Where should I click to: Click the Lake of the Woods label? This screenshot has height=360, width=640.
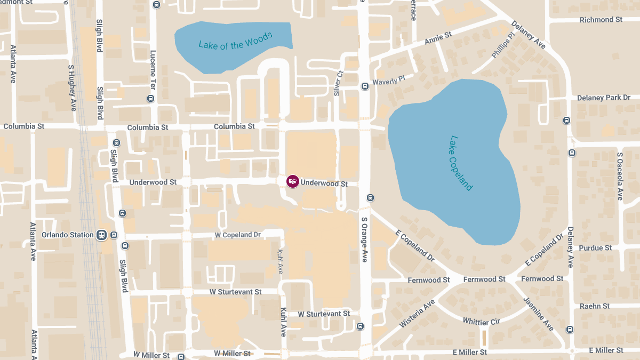[x=235, y=41]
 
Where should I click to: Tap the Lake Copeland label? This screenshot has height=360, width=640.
[x=461, y=163]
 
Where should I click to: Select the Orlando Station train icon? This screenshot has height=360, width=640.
[x=101, y=235]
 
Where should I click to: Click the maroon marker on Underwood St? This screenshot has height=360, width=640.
[x=292, y=181]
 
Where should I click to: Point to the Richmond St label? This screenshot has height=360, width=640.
[x=601, y=20]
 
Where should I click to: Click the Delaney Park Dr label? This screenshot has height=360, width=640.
[x=603, y=98]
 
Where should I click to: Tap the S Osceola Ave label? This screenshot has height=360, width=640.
[x=620, y=177]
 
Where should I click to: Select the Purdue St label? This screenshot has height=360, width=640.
[x=595, y=248]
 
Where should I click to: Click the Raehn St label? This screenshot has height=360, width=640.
[x=595, y=306]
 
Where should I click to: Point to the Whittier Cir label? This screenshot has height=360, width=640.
[x=481, y=322]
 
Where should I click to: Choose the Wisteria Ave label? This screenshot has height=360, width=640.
[x=417, y=314]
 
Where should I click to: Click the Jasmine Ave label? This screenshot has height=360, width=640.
[x=539, y=314]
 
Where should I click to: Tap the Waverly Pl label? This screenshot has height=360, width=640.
[x=389, y=81]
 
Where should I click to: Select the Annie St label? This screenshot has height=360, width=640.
[x=438, y=38]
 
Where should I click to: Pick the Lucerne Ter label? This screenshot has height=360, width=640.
[x=153, y=69]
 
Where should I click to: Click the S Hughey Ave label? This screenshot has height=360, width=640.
[x=72, y=88]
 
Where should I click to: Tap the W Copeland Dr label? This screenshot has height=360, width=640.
[x=237, y=235]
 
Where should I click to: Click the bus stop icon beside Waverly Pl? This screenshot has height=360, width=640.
[x=365, y=86]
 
